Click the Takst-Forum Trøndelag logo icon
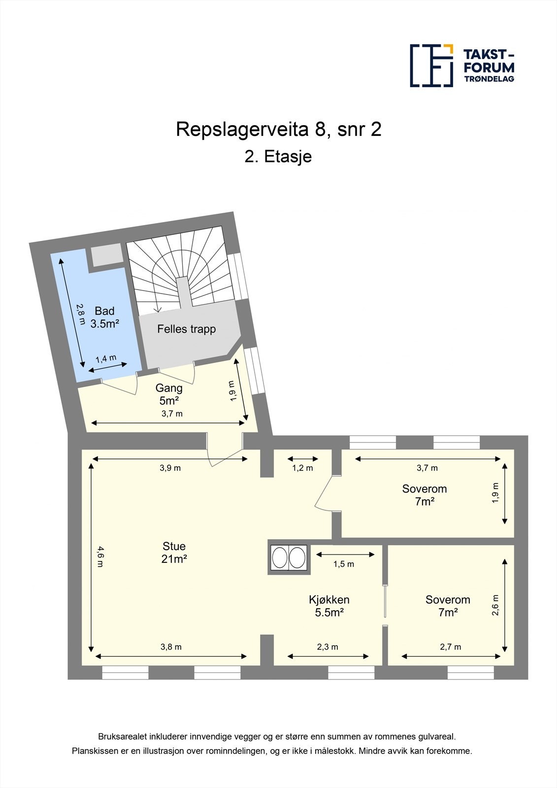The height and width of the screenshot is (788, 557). [x=431, y=66]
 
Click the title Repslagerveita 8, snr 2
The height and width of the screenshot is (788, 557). [x=279, y=130]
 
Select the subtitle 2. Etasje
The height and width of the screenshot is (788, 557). [x=278, y=157]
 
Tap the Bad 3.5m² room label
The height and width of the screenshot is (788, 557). [x=104, y=317]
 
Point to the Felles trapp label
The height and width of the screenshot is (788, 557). [x=186, y=329]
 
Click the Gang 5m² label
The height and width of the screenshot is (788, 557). [x=169, y=394]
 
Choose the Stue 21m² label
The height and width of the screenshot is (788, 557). [x=174, y=552]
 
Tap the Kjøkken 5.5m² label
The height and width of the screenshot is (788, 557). [x=329, y=606]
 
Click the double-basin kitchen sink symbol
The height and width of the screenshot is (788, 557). [x=289, y=558]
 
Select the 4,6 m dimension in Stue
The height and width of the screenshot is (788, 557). [x=100, y=557]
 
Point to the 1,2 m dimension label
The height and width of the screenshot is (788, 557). [x=302, y=468]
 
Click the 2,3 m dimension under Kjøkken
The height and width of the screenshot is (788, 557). [x=328, y=647]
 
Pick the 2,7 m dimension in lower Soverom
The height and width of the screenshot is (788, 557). [x=450, y=647]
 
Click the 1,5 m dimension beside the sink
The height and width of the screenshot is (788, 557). [x=343, y=564]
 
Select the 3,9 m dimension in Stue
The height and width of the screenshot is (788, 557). [x=170, y=468]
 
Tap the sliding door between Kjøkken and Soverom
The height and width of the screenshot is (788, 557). [x=385, y=601]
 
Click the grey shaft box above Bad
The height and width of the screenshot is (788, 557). [x=106, y=255]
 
